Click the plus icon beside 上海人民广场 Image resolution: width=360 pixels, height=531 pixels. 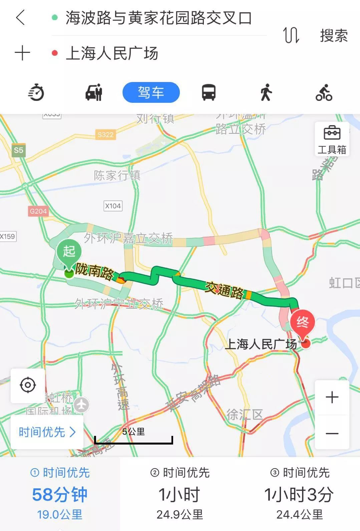click(x=22, y=53)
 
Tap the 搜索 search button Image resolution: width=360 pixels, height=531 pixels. click(x=334, y=35)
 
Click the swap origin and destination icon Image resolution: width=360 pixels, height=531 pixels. click(x=291, y=35)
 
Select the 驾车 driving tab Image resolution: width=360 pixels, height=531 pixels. click(x=151, y=92)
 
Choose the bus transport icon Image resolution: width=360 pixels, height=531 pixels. click(x=209, y=92)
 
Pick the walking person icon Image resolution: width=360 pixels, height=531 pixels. click(x=266, y=92)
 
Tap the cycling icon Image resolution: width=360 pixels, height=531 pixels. click(x=324, y=92)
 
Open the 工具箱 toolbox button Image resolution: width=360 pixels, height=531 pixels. click(x=332, y=140)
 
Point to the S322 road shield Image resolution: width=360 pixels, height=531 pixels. click(x=105, y=135)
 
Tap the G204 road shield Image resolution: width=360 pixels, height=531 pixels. click(x=38, y=211)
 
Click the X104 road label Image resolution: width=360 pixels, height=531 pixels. click(x=113, y=206)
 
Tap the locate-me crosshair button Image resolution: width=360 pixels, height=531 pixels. click(x=28, y=385)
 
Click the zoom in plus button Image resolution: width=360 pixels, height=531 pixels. click(x=332, y=397)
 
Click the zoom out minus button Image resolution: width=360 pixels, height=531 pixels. click(x=332, y=433)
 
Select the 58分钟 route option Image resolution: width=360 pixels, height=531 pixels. click(x=60, y=495)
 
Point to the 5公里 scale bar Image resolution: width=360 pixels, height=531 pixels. click(x=133, y=437)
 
